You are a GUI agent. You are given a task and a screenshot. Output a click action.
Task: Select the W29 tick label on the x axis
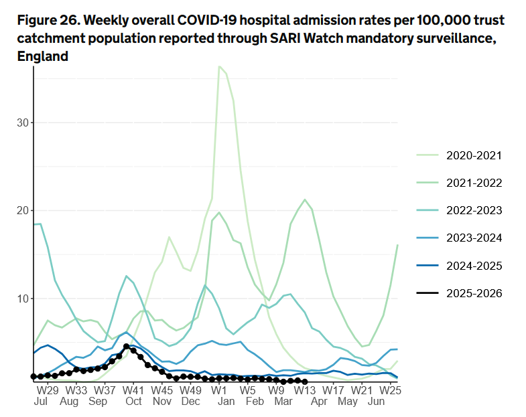(47, 390)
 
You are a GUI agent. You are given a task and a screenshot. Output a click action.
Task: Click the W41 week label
(133, 390)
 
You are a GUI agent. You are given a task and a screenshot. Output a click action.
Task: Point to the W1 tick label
(218, 390)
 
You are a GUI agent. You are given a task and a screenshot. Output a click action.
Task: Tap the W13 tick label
(305, 390)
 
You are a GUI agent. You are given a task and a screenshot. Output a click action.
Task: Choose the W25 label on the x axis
(390, 390)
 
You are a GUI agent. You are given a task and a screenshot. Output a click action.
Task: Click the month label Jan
(226, 401)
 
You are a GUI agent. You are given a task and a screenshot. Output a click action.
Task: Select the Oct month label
(133, 401)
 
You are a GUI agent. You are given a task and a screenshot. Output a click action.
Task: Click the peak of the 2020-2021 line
(219, 66)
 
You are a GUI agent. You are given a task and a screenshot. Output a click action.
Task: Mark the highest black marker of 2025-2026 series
(127, 346)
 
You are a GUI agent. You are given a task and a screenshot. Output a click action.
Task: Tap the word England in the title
(42, 56)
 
